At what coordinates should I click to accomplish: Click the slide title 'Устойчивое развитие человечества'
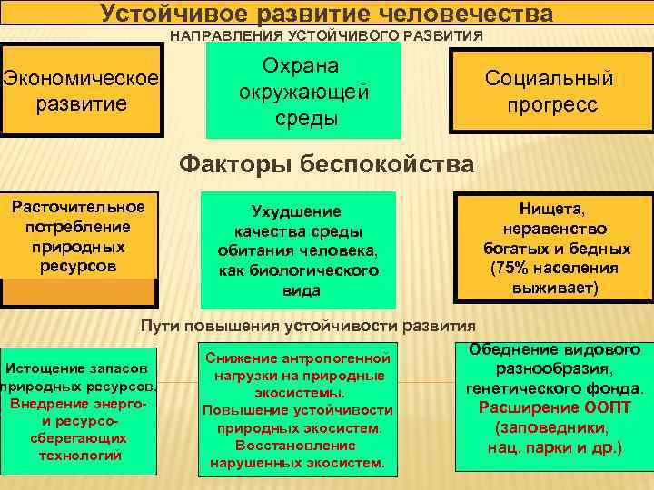[x=327, y=14]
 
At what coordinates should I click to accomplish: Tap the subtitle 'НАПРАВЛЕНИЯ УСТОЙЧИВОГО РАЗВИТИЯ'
[x=327, y=36]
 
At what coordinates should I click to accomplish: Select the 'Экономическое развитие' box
[x=80, y=90]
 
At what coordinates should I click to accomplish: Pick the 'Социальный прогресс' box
[x=550, y=92]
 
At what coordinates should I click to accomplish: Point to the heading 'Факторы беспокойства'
[x=327, y=164]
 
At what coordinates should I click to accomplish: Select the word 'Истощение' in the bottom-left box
[x=42, y=369]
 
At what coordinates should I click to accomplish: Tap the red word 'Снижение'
[x=242, y=358]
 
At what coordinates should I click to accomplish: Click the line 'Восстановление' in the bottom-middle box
[x=296, y=445]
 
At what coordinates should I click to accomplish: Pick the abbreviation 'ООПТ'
[x=599, y=407]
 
